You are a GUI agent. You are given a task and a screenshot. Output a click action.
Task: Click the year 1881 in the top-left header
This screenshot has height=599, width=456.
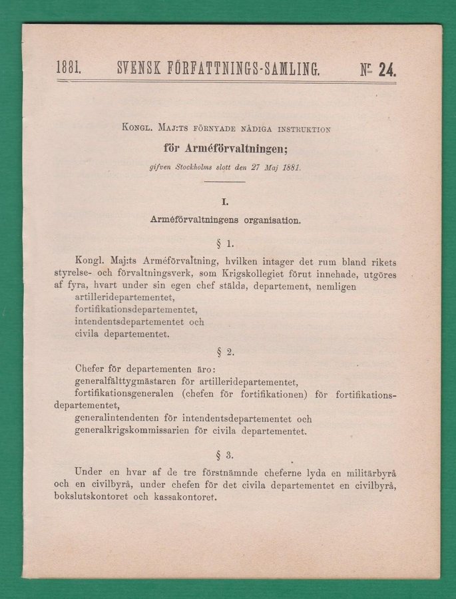point(69,67)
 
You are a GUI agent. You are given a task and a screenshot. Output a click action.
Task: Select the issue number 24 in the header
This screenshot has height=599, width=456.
point(387,68)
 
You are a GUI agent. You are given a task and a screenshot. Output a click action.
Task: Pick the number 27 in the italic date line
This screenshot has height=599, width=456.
point(262,168)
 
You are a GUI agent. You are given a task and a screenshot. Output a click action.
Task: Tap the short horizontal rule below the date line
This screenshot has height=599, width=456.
point(226,182)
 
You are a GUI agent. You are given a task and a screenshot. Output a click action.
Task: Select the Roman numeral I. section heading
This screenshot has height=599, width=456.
point(226,199)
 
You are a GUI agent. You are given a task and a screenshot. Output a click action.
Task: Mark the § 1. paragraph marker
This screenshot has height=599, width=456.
point(226,244)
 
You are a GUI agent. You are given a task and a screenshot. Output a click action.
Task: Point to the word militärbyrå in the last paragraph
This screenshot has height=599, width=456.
point(367,472)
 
